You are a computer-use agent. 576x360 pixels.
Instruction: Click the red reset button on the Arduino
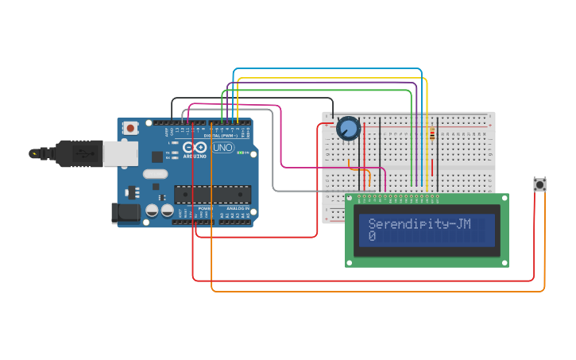point(130,127)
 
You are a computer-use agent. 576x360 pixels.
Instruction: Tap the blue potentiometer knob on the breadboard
point(348,128)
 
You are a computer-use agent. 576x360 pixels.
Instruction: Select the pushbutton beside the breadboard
point(540,184)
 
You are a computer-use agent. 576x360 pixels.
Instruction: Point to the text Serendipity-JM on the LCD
point(419,224)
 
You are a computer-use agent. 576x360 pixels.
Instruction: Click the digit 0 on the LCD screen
point(372,237)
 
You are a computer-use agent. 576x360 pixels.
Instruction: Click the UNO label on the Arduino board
point(226,147)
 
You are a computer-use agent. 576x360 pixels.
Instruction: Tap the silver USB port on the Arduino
point(119,153)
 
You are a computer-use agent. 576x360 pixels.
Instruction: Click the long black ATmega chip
point(212,194)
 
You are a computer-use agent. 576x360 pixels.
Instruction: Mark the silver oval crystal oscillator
point(156,174)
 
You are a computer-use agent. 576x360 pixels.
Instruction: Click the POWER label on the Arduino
point(205,208)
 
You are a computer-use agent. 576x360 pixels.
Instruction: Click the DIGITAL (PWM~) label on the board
point(224,135)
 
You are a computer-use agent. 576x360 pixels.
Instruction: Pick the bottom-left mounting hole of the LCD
point(350,262)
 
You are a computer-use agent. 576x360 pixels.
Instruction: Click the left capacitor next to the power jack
point(153,211)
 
